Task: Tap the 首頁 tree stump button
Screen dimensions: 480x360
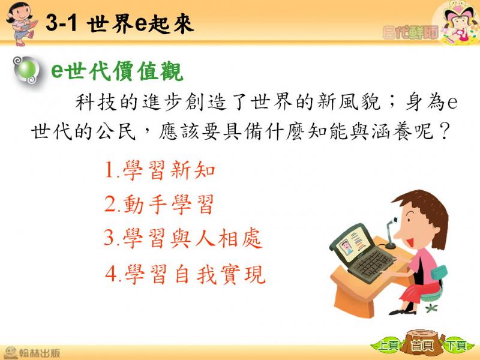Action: pyautogui.click(x=423, y=344)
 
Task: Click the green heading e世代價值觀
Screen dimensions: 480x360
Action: pyautogui.click(x=117, y=71)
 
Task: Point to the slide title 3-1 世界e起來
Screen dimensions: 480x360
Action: pyautogui.click(x=119, y=23)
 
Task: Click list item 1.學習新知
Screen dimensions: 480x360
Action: pyautogui.click(x=160, y=170)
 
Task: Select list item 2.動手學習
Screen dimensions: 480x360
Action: pyautogui.click(x=159, y=204)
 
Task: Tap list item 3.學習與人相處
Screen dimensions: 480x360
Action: pyautogui.click(x=183, y=238)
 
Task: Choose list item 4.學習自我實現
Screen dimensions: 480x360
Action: pyautogui.click(x=185, y=274)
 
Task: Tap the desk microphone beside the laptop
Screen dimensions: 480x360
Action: pyautogui.click(x=390, y=233)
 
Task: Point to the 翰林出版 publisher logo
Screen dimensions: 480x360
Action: pyautogui.click(x=32, y=352)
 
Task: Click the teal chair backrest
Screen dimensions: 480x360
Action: pyautogui.click(x=439, y=272)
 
